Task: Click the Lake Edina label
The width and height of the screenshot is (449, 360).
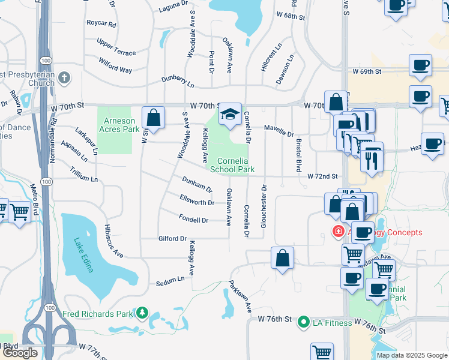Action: [x=83, y=255]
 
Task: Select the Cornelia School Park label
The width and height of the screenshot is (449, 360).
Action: [x=232, y=165]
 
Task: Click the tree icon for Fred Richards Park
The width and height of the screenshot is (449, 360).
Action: [x=142, y=313]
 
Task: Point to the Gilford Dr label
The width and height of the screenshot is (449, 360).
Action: [x=172, y=238]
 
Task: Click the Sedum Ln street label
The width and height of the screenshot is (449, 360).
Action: [x=170, y=280]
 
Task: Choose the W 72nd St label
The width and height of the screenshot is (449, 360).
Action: [x=323, y=176]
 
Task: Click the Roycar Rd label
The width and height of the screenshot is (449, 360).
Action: [x=100, y=23]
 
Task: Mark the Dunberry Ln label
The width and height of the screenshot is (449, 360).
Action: [x=178, y=81]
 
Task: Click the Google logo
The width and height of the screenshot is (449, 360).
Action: [x=20, y=353]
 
